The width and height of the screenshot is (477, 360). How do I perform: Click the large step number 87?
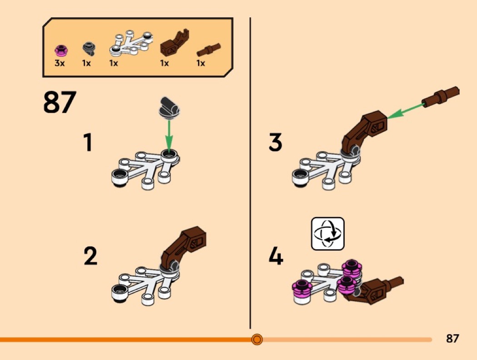[60, 102]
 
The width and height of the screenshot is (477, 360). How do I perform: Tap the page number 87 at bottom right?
[452, 338]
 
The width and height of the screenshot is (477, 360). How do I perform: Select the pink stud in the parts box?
[61, 50]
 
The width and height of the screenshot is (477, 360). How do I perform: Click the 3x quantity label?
[60, 63]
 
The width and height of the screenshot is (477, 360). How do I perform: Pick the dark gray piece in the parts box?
[89, 49]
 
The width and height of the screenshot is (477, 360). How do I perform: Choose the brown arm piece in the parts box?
[174, 43]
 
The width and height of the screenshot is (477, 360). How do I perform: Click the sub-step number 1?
[88, 142]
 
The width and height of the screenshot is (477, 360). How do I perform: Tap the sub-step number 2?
[91, 256]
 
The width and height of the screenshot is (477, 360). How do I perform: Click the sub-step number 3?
[275, 142]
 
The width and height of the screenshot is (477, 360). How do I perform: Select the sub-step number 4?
[276, 256]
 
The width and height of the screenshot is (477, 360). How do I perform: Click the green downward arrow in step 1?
[169, 135]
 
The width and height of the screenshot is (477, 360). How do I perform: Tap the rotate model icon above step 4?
[328, 233]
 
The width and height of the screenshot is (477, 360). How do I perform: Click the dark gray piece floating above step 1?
[169, 108]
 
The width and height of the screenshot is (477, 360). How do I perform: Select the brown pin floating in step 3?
[440, 96]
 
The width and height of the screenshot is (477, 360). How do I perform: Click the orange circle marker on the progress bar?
[257, 339]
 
